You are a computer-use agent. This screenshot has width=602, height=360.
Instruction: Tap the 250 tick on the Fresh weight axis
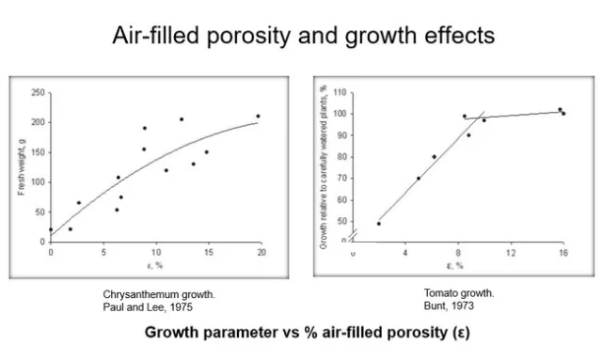pyautogui.click(x=38, y=92)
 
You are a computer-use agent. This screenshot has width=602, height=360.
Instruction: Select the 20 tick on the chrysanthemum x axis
pyautogui.click(x=261, y=251)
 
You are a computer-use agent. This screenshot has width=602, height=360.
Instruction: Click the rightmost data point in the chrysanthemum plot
pyautogui.click(x=258, y=117)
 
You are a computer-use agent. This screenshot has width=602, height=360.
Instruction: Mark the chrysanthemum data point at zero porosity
pyautogui.click(x=51, y=229)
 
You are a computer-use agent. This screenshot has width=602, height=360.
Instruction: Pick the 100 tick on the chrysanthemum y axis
pyautogui.click(x=38, y=181)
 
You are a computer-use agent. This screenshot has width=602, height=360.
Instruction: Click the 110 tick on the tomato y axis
pyautogui.click(x=341, y=93)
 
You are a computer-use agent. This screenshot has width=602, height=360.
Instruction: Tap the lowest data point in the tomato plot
pyautogui.click(x=379, y=223)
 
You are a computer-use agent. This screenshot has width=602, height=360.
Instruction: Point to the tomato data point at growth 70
pyautogui.click(x=419, y=179)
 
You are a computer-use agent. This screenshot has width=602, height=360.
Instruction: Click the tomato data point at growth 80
pyautogui.click(x=434, y=157)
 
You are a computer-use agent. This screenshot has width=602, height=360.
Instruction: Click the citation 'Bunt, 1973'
pyautogui.click(x=459, y=305)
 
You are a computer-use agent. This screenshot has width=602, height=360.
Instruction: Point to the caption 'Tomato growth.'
pyautogui.click(x=459, y=292)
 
